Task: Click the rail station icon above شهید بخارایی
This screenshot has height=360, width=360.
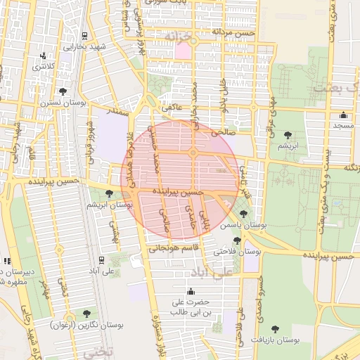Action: [85, 35]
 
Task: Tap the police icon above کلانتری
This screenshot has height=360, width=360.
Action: [44, 56]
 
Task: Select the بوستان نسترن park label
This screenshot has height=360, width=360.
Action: [63, 103]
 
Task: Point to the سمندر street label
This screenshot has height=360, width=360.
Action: [117, 111]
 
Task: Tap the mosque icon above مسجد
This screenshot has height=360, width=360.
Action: [343, 115]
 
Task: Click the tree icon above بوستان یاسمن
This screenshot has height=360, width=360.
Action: [243, 214]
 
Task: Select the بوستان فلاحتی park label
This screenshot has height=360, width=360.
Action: [237, 250]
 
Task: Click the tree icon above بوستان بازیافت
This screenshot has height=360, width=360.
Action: [274, 328]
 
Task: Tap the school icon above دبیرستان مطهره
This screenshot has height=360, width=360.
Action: [6, 261]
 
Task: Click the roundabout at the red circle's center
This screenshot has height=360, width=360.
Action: [192, 153]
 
